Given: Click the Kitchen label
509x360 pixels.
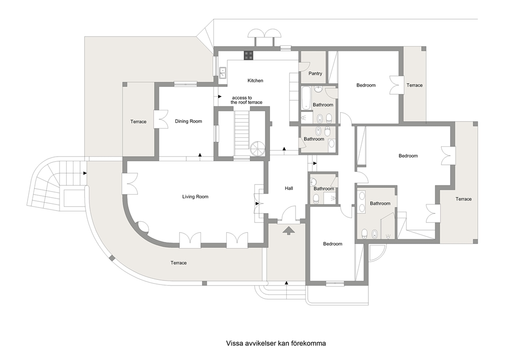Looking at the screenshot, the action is (255, 81).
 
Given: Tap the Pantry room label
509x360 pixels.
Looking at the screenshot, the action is (315, 73).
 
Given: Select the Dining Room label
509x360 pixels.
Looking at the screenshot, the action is (188, 121).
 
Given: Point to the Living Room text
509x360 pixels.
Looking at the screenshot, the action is (195, 197).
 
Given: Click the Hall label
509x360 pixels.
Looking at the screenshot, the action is (289, 188).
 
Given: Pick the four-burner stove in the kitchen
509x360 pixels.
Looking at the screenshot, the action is (249, 55).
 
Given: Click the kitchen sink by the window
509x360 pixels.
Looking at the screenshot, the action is (223, 72).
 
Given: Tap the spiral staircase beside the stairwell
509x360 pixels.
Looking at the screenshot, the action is (258, 149).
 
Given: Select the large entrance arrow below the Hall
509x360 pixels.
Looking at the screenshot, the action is (289, 231).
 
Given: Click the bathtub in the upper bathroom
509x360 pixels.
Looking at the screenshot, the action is (305, 98).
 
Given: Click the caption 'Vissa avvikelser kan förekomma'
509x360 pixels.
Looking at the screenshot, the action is (276, 343).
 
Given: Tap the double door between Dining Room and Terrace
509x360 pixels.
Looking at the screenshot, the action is (161, 119).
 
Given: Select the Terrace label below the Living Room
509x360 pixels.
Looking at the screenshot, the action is (179, 263).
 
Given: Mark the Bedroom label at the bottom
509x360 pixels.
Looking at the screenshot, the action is (332, 244).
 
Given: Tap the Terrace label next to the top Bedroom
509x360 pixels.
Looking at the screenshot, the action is (415, 85).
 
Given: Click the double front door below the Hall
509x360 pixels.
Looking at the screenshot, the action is (289, 216).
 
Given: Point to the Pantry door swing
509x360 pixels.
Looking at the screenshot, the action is (303, 66).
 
